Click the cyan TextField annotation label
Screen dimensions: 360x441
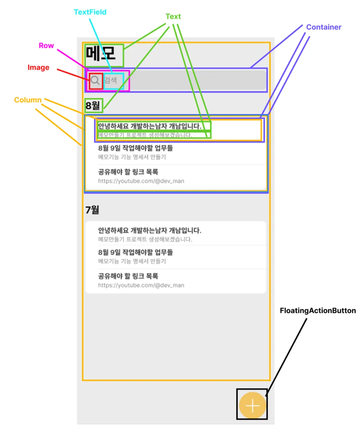coord(90,12)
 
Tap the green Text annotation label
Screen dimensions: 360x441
coord(173,17)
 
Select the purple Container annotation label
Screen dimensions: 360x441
coord(323,27)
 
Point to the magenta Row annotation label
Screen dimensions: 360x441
coord(46,46)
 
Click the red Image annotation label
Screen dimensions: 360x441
coord(38,68)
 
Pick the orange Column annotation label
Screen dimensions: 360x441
coord(28,100)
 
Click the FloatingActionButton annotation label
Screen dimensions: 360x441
coord(317,311)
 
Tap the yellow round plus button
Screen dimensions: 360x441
coord(252,405)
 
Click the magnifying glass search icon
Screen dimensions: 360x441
coord(95,81)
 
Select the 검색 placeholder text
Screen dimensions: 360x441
coord(111,81)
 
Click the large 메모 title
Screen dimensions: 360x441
coord(101,54)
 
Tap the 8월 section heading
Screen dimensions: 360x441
coord(93,106)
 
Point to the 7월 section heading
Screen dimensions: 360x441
coord(92,210)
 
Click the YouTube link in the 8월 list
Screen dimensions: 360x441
coord(141,181)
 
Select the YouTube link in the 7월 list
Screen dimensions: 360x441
coord(141,285)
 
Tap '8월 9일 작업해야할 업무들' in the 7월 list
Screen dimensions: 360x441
coord(135,252)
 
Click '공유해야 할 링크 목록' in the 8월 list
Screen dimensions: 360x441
coord(128,172)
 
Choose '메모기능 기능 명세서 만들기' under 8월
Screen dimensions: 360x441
coord(132,157)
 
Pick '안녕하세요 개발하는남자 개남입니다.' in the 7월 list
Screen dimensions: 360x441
coord(149,230)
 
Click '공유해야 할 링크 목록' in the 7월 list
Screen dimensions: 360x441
coord(128,276)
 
